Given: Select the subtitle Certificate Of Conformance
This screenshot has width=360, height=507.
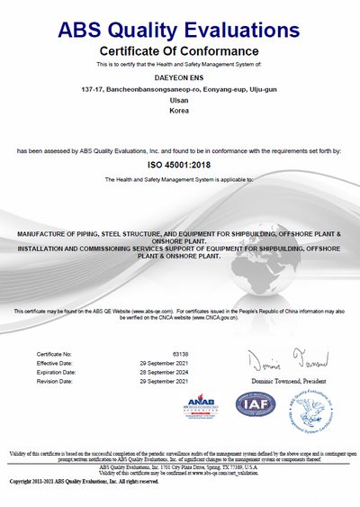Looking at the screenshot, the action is [179, 50].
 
